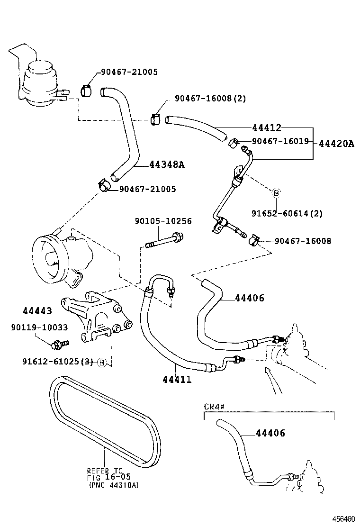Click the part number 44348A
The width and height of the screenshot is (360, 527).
click(166, 165)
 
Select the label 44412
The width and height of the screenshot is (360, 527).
click(267, 128)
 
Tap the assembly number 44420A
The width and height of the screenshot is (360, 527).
click(336, 143)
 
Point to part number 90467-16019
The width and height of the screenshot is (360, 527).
click(280, 141)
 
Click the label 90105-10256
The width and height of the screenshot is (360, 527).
click(163, 221)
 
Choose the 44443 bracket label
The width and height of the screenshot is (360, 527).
click(37, 311)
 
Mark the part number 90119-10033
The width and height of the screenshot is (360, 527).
click(39, 327)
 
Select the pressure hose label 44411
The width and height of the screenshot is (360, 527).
click(177, 379)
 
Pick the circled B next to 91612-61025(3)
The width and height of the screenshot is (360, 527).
click(101, 363)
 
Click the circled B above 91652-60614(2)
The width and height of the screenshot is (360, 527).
click(276, 193)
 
